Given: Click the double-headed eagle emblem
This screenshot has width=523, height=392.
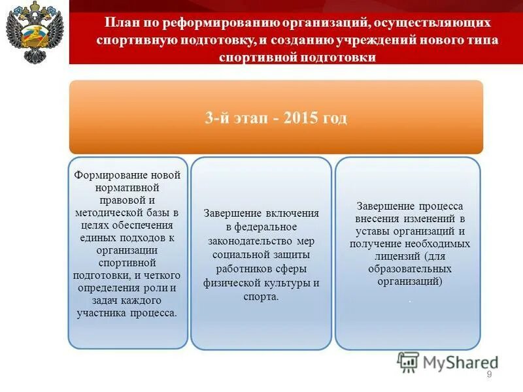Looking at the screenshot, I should [x=33, y=34].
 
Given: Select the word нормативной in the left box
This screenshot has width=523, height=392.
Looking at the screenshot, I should [x=127, y=187].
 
